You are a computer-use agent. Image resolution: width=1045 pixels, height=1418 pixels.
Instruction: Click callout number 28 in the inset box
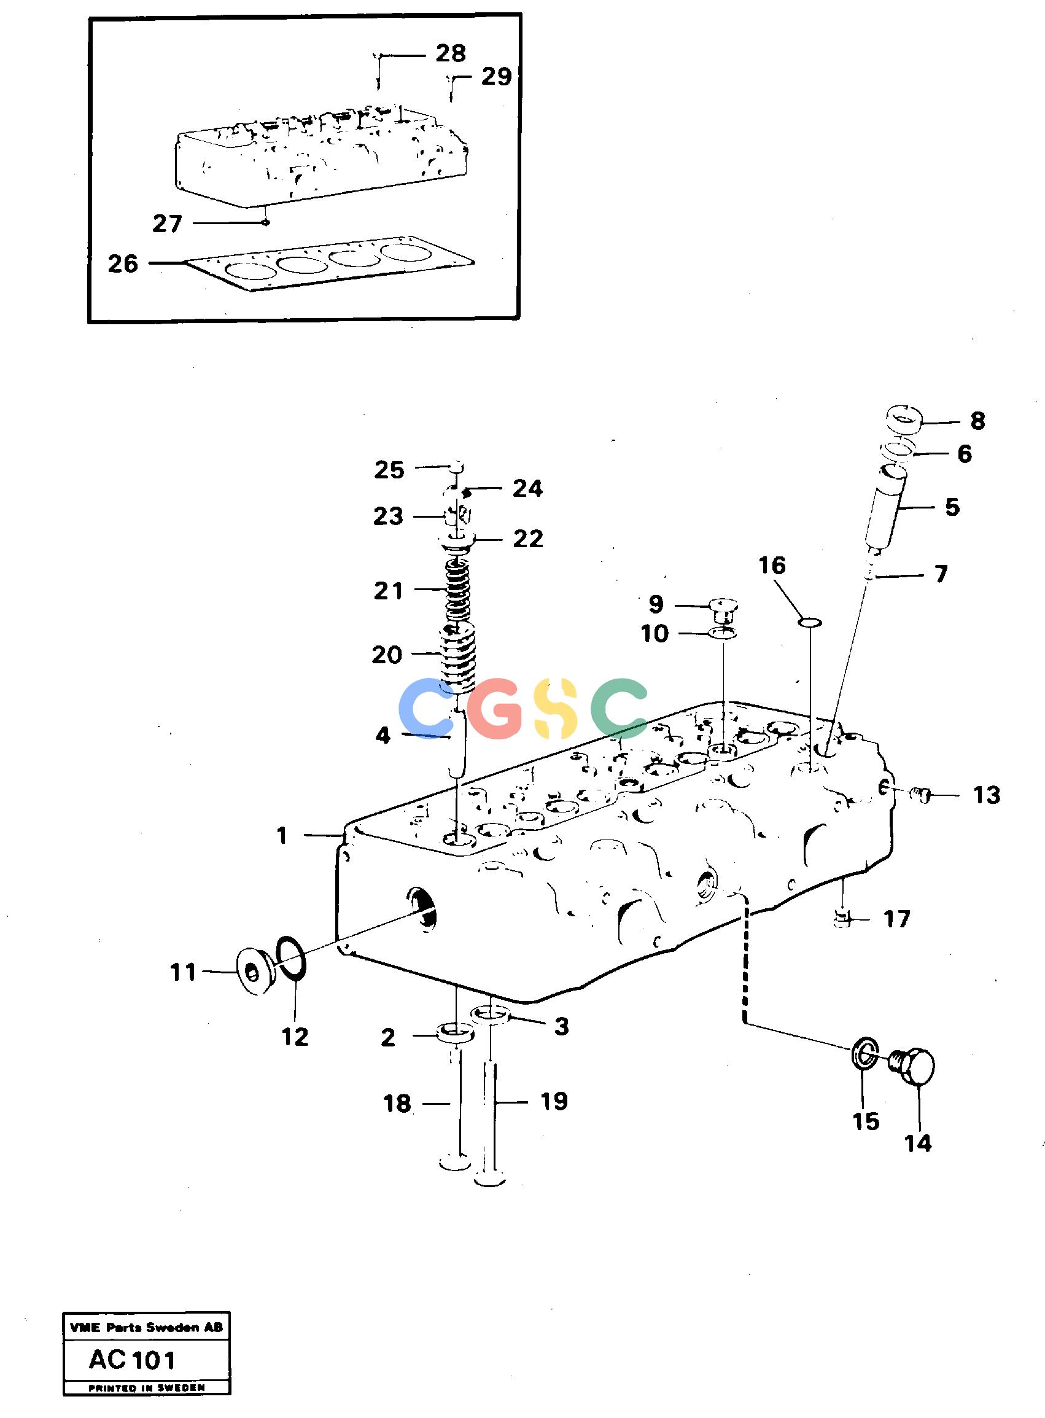pos(451,54)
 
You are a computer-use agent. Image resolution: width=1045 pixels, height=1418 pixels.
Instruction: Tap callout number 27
pos(167,224)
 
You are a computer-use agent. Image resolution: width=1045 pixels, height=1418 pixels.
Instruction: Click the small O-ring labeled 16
pos(810,623)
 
